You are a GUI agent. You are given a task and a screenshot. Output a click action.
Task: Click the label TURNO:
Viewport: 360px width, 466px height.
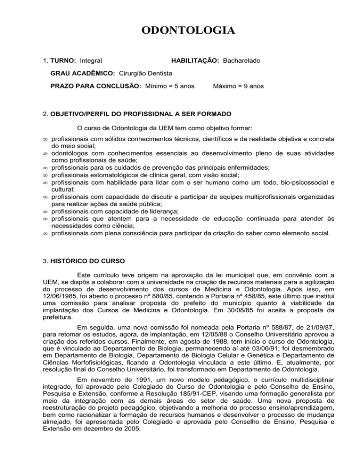click(62, 61)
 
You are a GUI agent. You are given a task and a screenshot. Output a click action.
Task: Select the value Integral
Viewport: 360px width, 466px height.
click(91, 61)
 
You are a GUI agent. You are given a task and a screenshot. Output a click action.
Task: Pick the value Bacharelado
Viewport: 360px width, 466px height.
click(242, 61)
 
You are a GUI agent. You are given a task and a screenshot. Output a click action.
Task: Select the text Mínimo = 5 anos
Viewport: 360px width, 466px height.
click(170, 86)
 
